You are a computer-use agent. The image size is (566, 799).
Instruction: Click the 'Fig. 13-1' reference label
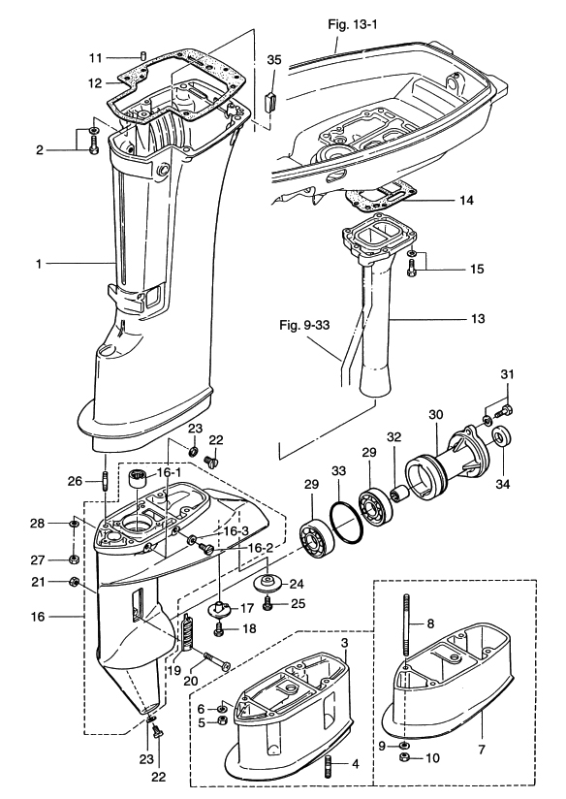353,24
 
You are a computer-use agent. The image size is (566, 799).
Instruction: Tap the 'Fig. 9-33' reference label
304,325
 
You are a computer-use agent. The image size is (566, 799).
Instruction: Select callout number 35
274,59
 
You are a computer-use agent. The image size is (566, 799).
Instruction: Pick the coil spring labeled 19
188,632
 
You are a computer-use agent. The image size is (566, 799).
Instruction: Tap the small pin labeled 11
143,55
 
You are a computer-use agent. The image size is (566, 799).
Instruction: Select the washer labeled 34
502,437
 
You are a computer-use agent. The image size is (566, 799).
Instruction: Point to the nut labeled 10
404,757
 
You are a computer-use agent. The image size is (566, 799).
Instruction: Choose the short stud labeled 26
106,481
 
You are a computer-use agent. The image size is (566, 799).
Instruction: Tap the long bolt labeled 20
216,660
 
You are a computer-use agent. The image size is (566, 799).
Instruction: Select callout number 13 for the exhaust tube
478,319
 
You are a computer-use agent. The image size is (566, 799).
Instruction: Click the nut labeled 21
74,581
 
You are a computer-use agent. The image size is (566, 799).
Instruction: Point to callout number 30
435,414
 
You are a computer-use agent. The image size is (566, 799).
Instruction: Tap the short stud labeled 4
328,766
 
